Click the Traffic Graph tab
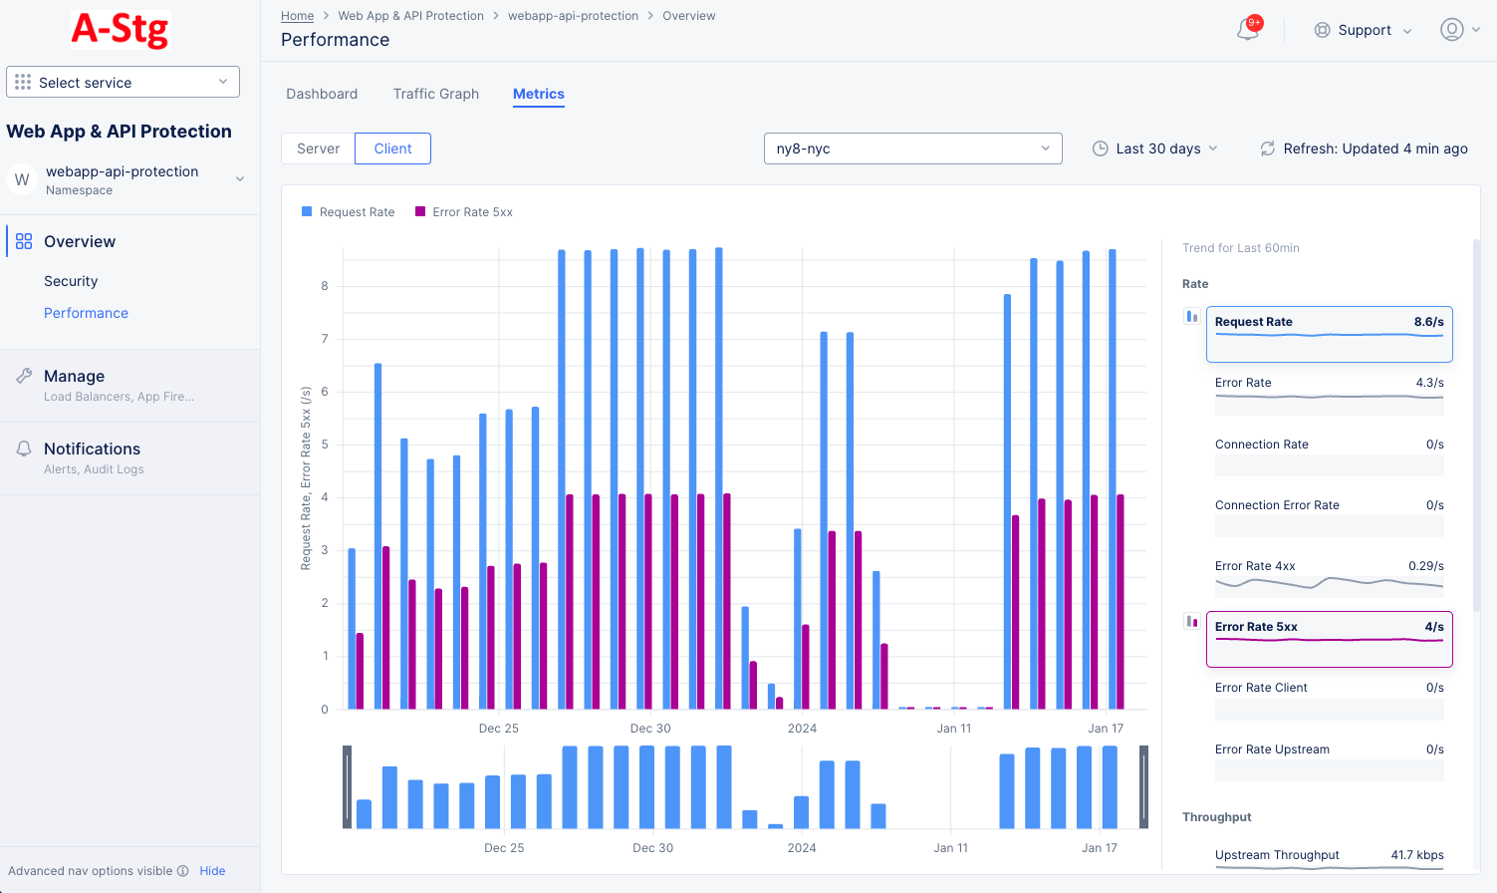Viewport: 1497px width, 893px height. (435, 94)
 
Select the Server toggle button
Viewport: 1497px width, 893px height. (318, 149)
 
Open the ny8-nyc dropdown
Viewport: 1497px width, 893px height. (912, 149)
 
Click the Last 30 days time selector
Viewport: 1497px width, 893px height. (1155, 149)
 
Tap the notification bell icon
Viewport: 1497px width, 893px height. (1247, 30)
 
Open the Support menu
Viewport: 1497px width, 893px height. (1363, 30)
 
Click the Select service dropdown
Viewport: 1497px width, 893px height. (123, 82)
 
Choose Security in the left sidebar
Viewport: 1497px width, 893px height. (71, 281)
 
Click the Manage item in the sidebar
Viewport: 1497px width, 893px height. (74, 376)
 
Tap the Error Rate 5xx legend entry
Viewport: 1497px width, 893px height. (464, 212)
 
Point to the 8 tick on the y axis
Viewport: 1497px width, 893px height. (325, 286)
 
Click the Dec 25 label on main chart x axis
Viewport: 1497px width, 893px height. (498, 729)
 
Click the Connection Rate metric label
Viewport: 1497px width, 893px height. (1261, 445)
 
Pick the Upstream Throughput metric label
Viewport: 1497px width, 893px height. (1276, 855)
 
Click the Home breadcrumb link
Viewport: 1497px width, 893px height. (297, 16)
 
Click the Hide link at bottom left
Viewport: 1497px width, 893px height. (212, 871)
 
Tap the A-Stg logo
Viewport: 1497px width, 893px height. (121, 30)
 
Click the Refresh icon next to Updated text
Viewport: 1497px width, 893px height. (1267, 149)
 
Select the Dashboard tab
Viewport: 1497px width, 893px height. (321, 94)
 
